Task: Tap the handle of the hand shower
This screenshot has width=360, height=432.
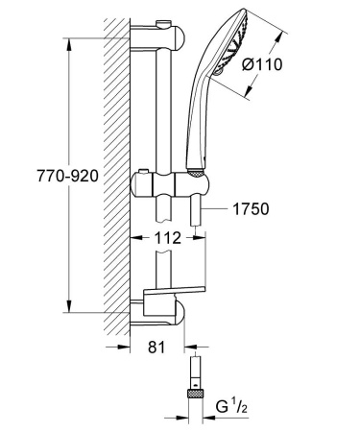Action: [204, 125]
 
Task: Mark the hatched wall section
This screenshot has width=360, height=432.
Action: [113, 173]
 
